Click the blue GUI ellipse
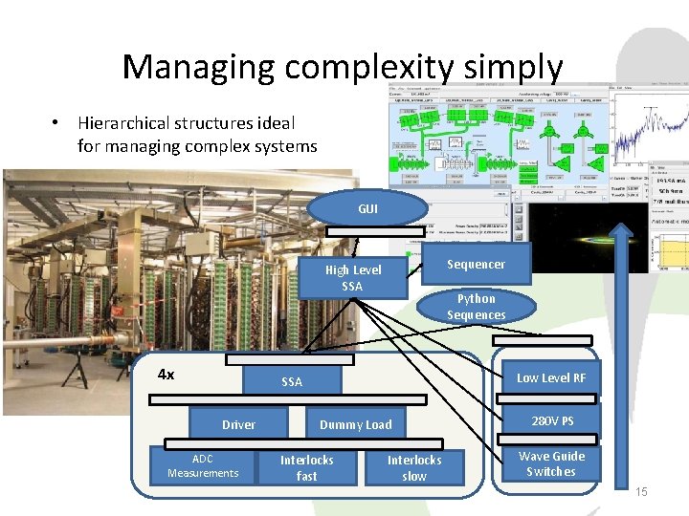tap(367, 208)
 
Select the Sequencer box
tap(476, 264)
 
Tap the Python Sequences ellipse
tap(476, 307)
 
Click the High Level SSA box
tap(352, 278)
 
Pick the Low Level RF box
tap(550, 378)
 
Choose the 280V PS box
tap(552, 421)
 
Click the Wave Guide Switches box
tap(551, 464)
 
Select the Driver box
tap(238, 424)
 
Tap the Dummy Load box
tap(355, 424)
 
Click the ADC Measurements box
tap(203, 466)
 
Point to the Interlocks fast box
tap(306, 467)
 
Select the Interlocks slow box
tap(413, 467)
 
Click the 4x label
tap(166, 375)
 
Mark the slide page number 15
tap(641, 491)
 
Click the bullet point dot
tap(57, 123)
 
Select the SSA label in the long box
tap(292, 382)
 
